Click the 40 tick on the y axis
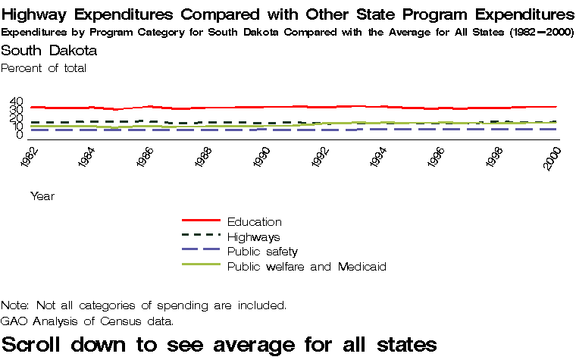(17, 102)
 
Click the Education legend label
(254, 222)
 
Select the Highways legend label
(253, 237)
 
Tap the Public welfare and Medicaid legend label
(307, 267)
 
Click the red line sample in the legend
(201, 221)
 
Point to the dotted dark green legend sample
(201, 236)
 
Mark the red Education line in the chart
(189, 108)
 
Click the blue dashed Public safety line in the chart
(189, 130)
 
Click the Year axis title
(42, 196)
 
